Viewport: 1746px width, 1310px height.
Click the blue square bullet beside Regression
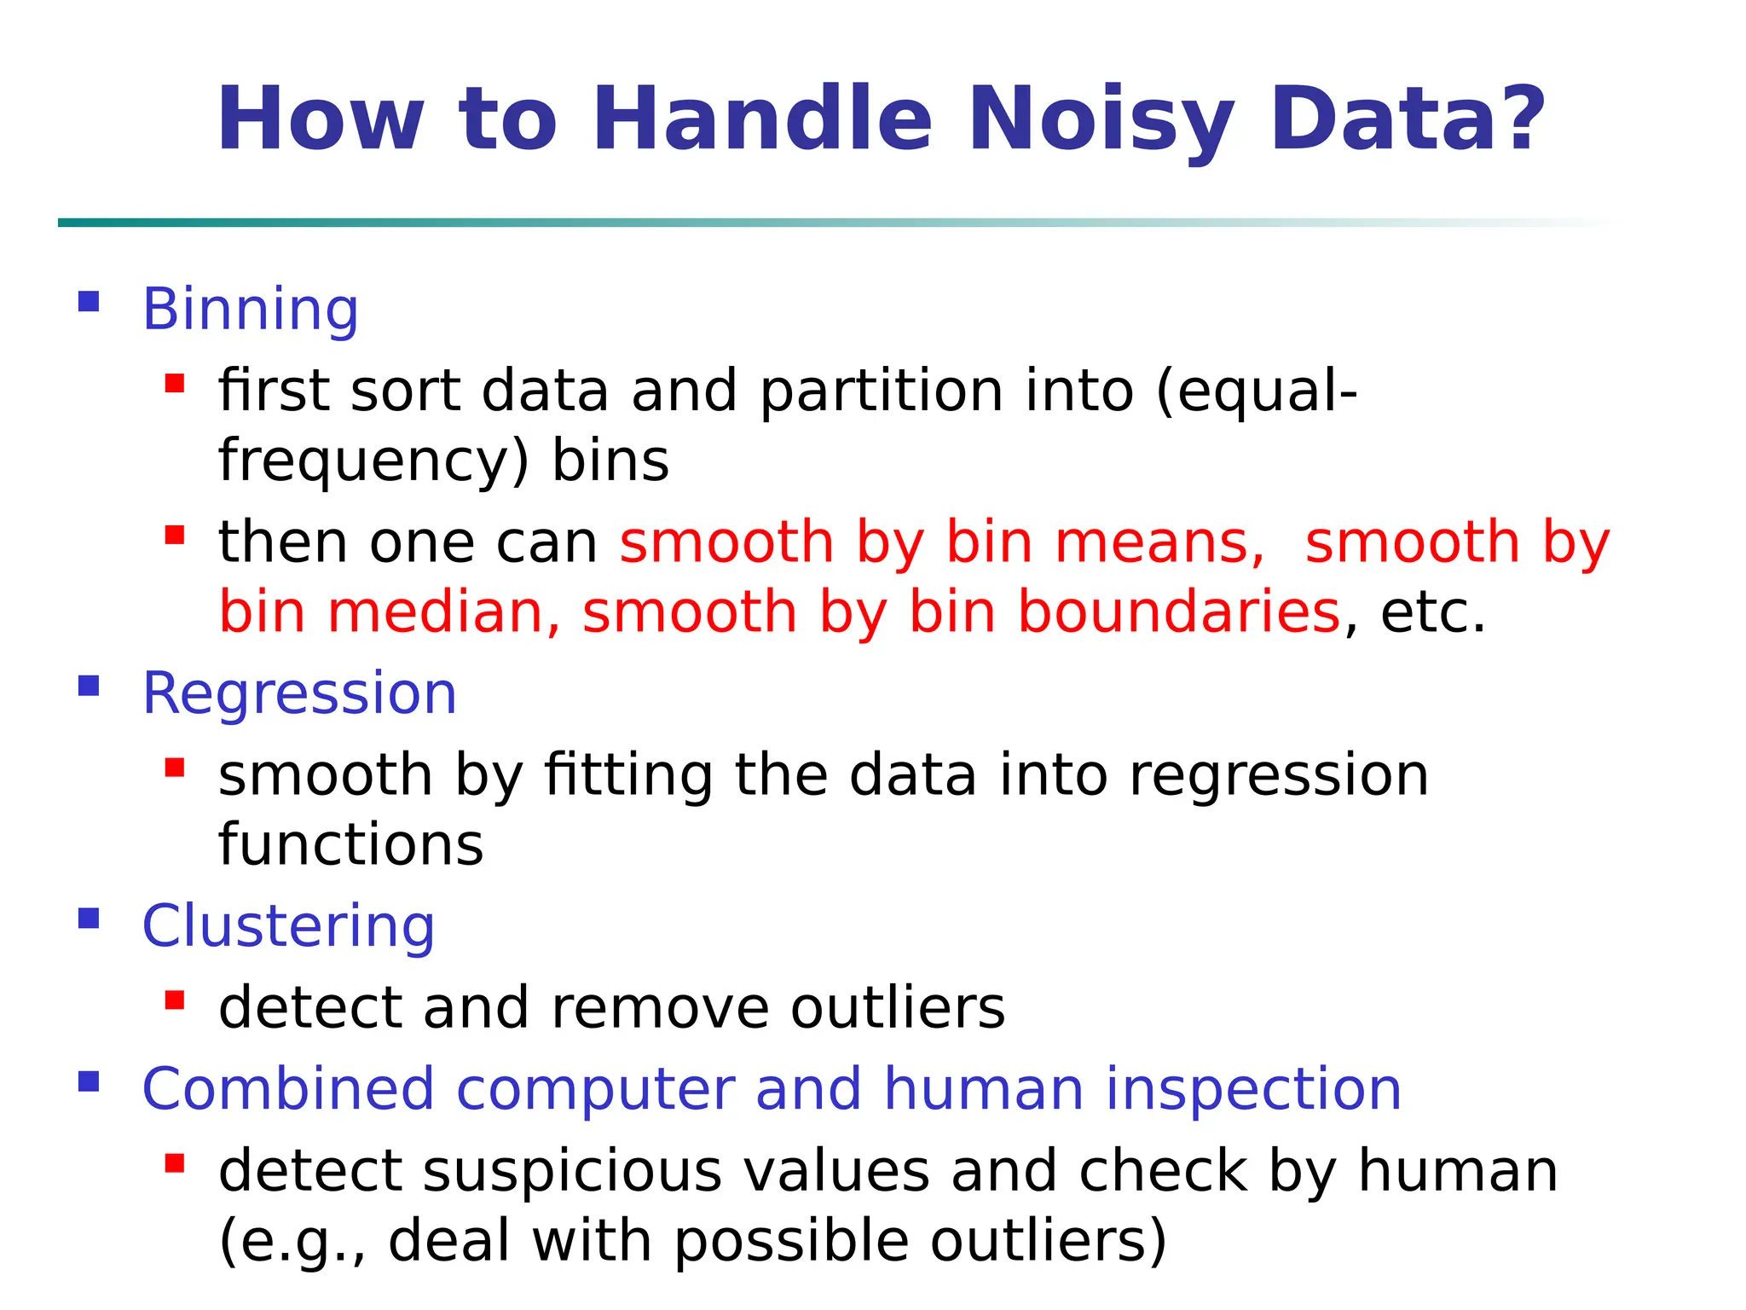point(89,686)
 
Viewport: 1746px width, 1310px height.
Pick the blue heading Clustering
point(288,926)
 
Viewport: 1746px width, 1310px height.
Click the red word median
point(443,612)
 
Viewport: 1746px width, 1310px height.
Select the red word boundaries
point(1180,612)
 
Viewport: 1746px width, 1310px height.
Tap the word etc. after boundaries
point(1432,612)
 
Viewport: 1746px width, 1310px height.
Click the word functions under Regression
point(351,845)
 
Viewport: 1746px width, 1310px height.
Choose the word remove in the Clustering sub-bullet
point(660,1008)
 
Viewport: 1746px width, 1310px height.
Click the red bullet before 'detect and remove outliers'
point(175,1000)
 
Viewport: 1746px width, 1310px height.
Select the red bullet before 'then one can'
point(175,535)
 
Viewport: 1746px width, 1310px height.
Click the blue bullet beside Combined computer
point(89,1082)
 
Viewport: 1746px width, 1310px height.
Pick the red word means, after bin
point(1159,543)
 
